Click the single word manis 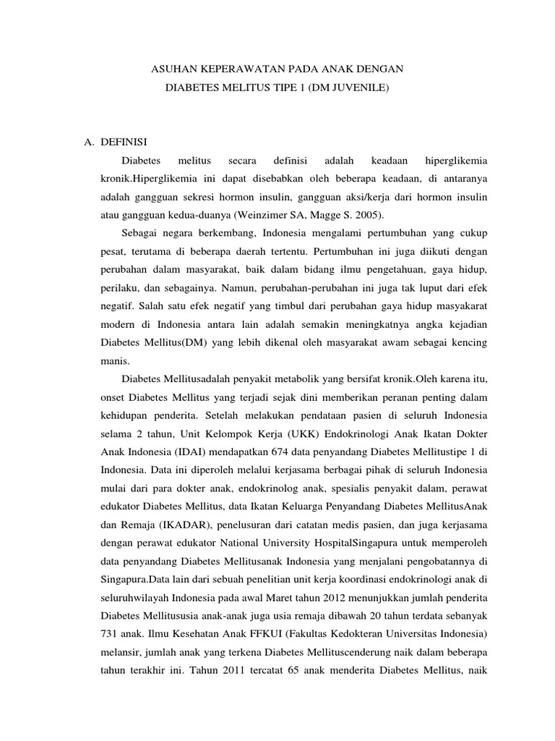point(113,360)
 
